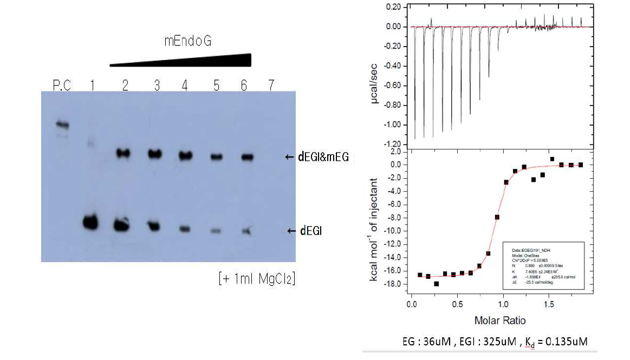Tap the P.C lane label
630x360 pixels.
62,85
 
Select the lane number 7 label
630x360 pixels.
270,85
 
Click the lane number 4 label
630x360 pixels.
185,85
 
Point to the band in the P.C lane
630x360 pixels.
63,125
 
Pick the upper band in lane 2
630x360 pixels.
124,154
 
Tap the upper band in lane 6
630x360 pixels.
248,157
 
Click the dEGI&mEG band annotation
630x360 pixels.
323,158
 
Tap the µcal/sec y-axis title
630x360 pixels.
387,84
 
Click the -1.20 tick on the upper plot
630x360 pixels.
393,145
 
